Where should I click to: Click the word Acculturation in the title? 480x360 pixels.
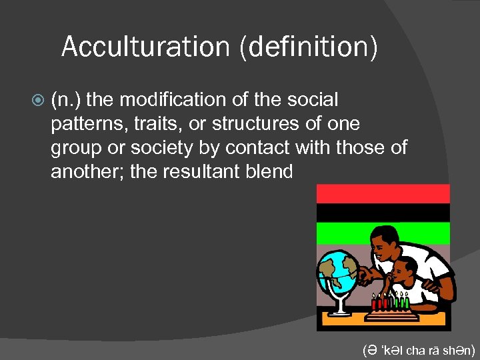[x=145, y=47]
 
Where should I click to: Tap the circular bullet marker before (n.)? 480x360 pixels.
[x=38, y=101]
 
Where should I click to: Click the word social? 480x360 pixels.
[x=313, y=100]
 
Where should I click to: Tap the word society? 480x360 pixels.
[x=155, y=148]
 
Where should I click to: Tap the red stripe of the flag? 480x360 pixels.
[x=383, y=194]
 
